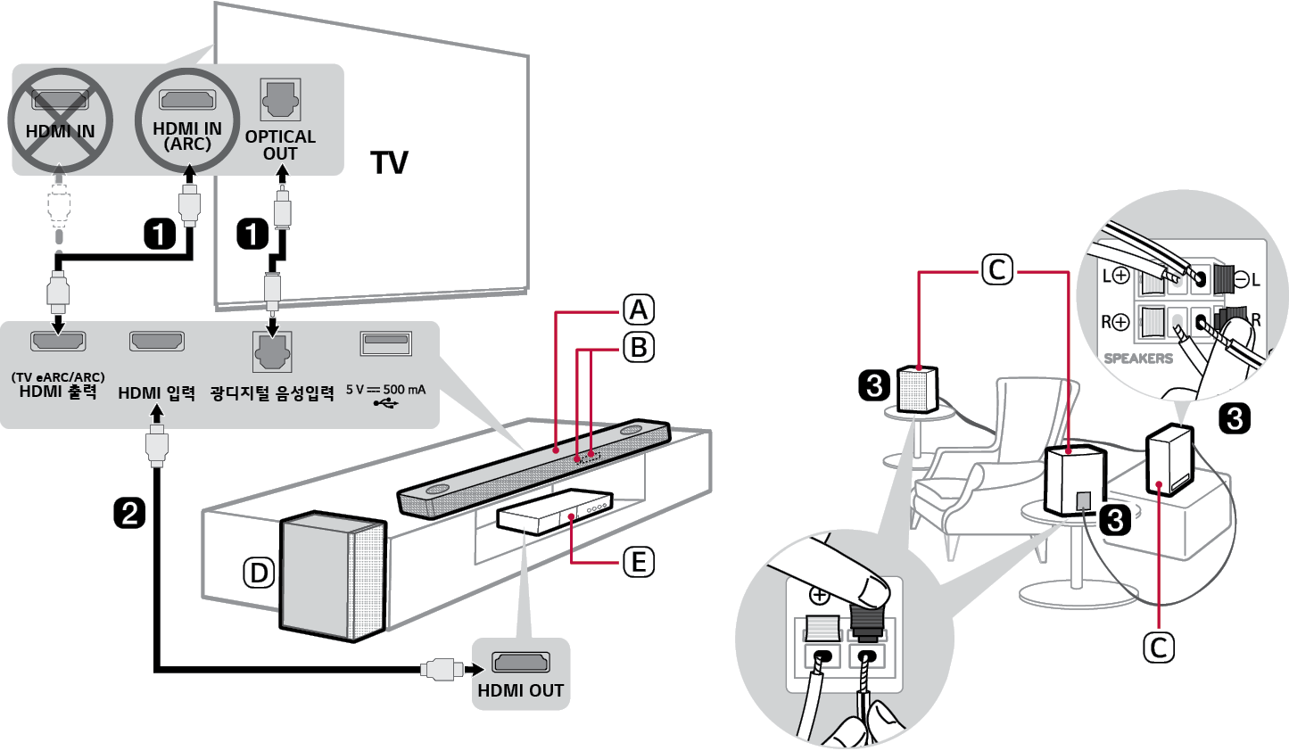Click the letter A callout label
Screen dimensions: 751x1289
(638, 309)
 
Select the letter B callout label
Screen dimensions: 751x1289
(638, 346)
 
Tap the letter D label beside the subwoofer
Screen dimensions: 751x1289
(260, 573)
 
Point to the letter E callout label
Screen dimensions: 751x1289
(638, 562)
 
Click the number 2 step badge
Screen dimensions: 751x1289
(129, 513)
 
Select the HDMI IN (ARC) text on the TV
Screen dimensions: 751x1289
(187, 136)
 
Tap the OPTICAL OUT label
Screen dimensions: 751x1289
(280, 144)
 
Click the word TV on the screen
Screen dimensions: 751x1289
(389, 163)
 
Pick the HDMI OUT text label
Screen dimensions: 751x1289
(520, 690)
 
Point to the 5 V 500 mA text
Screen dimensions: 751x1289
(385, 390)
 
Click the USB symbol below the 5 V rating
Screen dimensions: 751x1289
(385, 404)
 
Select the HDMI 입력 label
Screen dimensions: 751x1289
(157, 393)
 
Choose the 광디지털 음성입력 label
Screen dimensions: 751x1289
(272, 393)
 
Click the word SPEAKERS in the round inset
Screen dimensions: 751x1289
(1138, 359)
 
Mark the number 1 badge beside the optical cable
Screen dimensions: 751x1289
(252, 235)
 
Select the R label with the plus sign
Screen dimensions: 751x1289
(1115, 322)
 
